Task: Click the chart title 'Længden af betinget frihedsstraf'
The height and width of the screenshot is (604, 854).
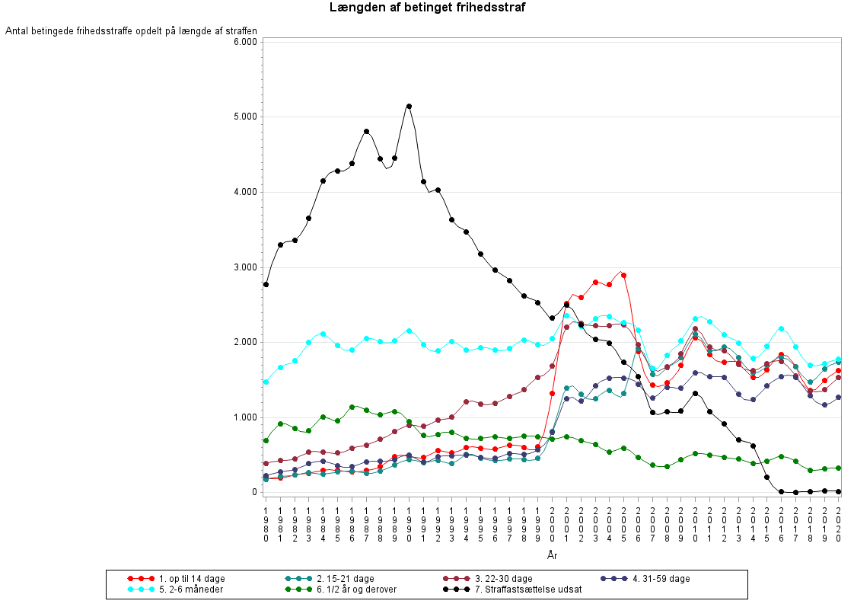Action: [x=427, y=8]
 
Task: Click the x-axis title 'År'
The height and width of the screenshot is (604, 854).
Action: [x=553, y=555]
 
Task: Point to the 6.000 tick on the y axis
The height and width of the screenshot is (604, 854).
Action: [x=246, y=42]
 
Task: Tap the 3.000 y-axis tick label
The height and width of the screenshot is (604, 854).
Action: [x=246, y=267]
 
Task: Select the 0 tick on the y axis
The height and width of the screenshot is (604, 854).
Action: [x=255, y=492]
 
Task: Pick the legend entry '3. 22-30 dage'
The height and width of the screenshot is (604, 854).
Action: [x=503, y=579]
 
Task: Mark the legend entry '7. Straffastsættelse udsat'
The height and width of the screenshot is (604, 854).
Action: [x=525, y=590]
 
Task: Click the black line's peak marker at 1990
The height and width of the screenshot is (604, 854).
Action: [x=409, y=107]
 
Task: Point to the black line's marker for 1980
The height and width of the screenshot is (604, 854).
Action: [x=266, y=284]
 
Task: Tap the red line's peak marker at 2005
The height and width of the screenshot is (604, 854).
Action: [x=623, y=275]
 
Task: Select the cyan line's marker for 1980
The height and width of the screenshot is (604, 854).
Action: [x=266, y=382]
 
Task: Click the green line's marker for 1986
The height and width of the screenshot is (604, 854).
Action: [x=352, y=407]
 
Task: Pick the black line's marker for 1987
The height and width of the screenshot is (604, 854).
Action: [x=366, y=131]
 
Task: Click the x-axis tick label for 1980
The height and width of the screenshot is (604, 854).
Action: [x=266, y=523]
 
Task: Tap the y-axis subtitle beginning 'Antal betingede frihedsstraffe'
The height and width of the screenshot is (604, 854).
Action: [x=131, y=31]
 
